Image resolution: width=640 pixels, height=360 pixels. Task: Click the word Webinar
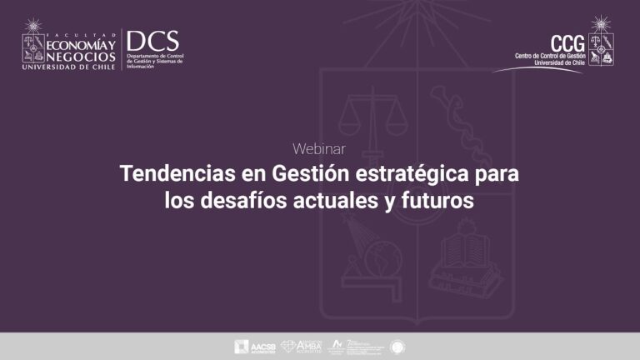[319, 149]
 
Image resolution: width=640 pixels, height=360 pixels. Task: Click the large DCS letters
[152, 41]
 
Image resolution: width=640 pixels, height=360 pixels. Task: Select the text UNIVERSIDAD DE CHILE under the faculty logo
[70, 66]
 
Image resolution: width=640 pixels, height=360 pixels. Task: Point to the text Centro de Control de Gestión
[551, 56]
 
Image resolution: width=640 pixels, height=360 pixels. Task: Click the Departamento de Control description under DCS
[154, 61]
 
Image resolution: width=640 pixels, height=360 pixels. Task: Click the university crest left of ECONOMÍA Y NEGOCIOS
[34, 41]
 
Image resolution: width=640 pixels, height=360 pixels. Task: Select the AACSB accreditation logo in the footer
[254, 346]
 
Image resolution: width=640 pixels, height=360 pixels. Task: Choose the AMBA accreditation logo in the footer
[301, 346]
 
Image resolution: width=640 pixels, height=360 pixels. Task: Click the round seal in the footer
[397, 346]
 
